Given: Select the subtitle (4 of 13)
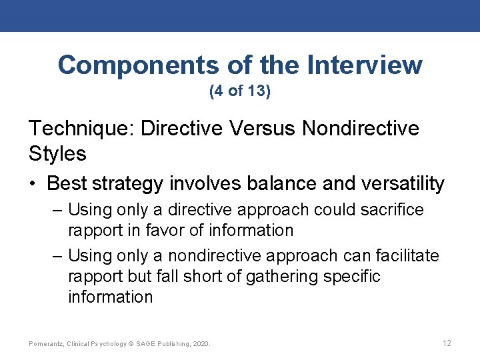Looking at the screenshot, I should pos(240,91).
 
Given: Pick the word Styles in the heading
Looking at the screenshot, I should pos(57,154).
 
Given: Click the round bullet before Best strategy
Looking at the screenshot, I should pos(34,184).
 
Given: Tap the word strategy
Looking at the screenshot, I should pos(134,183).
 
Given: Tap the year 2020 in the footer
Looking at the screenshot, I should pos(201,344).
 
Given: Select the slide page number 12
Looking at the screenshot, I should pos(447,343).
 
